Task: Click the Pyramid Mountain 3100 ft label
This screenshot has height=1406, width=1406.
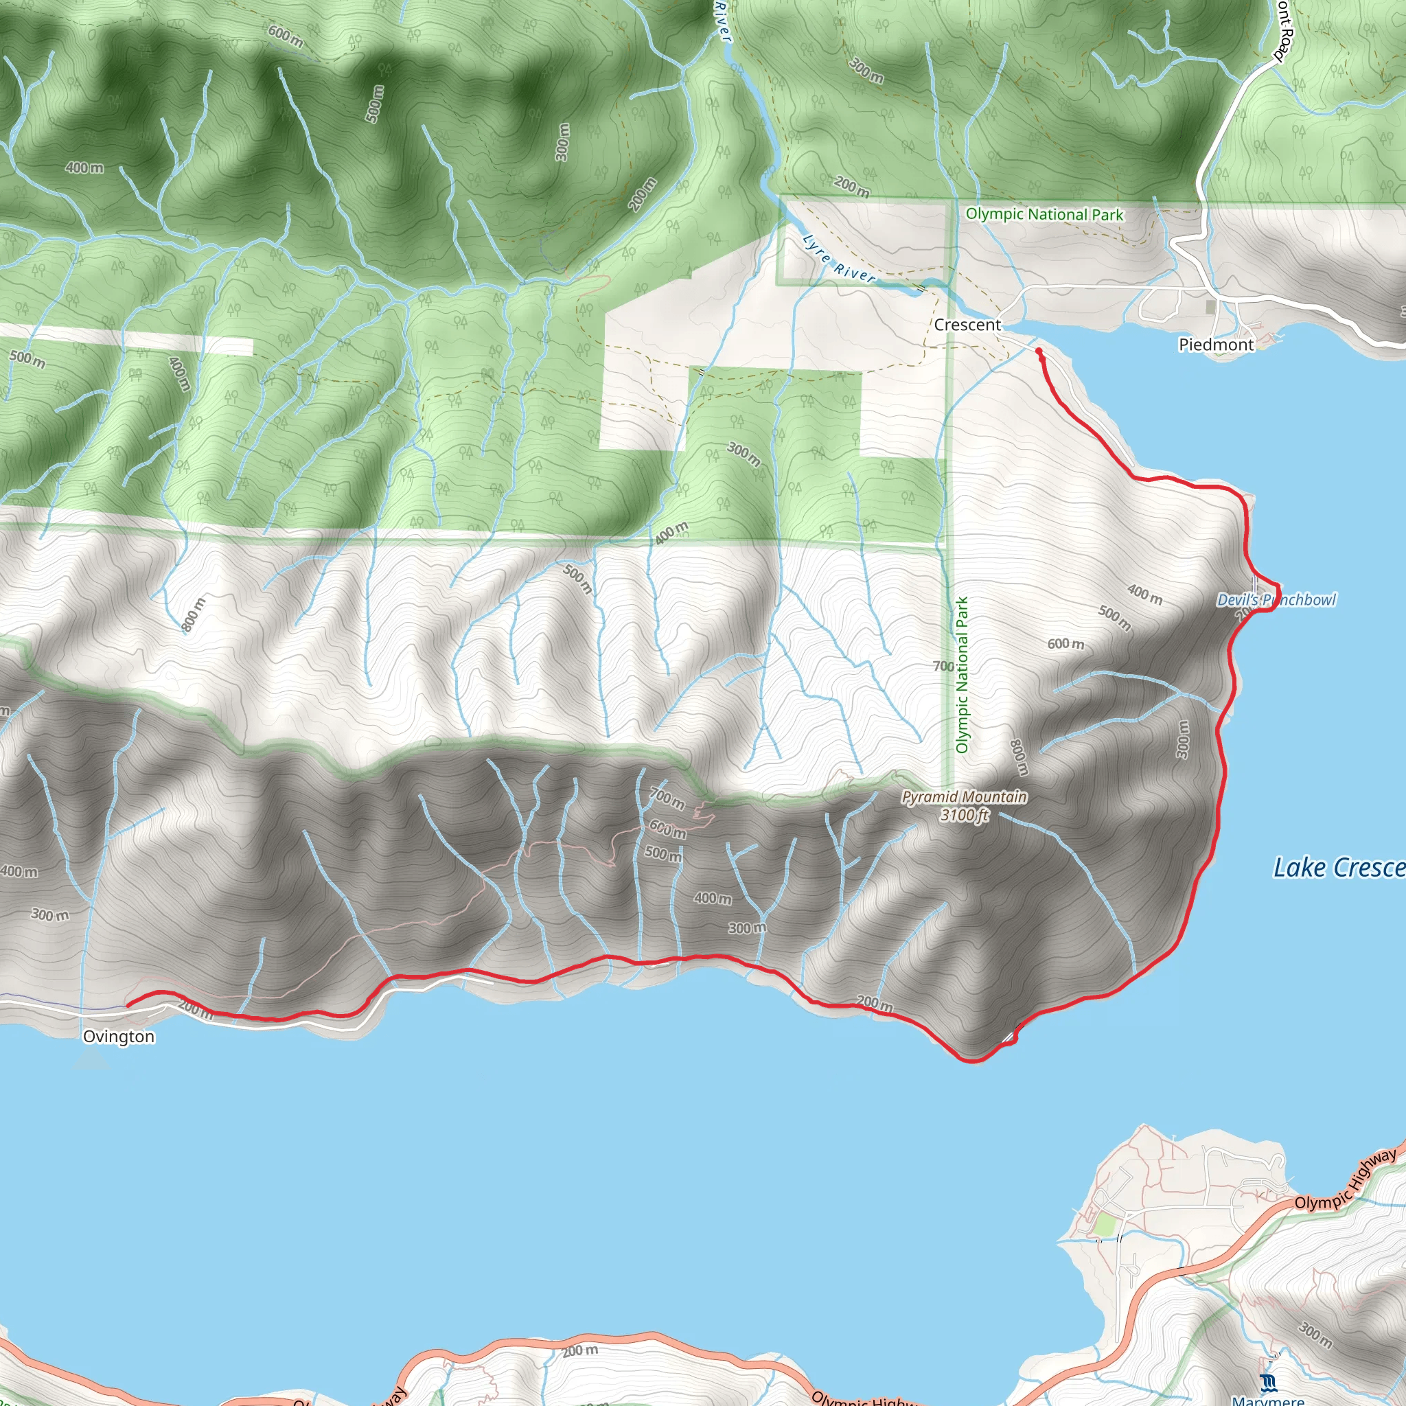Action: point(965,805)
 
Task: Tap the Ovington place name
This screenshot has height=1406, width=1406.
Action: point(119,1036)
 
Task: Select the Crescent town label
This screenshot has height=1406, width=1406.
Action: point(967,325)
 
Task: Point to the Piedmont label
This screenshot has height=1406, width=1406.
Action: point(1216,344)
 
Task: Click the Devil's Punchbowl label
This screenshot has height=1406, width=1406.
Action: point(1276,599)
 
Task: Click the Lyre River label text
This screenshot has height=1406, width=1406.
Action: point(838,259)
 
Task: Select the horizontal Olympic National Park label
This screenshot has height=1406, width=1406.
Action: point(1044,214)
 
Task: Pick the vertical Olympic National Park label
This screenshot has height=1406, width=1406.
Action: point(962,675)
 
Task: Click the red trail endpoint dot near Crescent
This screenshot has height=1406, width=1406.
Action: point(1039,351)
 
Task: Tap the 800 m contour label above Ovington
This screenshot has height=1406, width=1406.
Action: point(194,614)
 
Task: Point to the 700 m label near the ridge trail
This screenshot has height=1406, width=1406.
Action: point(667,798)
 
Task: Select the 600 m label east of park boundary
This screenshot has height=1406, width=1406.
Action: point(1065,643)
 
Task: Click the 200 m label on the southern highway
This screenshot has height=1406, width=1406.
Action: point(580,1350)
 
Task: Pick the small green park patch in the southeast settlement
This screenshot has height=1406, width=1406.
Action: point(1105,1225)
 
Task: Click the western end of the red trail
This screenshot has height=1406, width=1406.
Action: point(129,1005)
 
